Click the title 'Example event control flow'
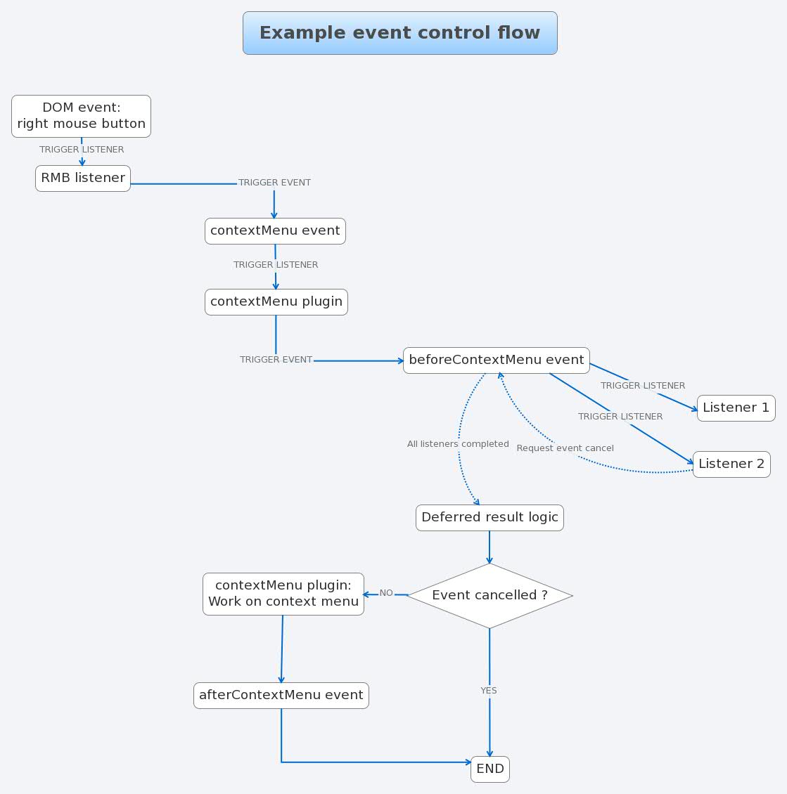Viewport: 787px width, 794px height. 399,33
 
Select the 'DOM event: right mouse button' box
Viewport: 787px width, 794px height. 82,116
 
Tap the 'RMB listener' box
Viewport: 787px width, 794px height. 83,178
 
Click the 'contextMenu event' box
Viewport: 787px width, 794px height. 275,231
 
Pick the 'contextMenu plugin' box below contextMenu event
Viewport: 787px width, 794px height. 276,302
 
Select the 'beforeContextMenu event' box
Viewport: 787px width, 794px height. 496,360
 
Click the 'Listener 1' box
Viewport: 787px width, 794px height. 736,408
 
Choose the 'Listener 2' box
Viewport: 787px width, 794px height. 731,464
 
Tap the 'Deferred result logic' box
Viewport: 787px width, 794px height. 490,518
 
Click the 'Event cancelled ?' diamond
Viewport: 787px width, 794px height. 490,596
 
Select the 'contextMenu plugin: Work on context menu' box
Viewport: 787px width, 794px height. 283,594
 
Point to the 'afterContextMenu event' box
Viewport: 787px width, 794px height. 281,696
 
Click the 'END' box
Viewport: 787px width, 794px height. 490,769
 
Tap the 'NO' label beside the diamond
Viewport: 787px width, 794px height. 386,593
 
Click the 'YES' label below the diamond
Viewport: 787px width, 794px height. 489,691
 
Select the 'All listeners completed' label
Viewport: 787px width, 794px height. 458,444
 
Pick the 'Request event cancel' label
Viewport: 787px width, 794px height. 565,448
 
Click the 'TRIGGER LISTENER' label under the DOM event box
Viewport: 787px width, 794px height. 82,150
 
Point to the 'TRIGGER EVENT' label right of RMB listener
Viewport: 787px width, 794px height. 274,183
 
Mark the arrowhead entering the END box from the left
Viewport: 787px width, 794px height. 468,762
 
